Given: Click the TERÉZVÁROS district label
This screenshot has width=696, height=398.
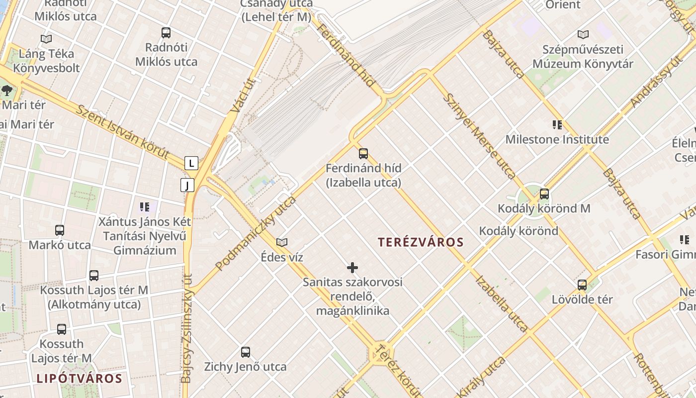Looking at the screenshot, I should point(421,242).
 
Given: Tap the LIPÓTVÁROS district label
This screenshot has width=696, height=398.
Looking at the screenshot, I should point(79,378).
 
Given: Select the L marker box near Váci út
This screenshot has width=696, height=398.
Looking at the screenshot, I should point(191,163).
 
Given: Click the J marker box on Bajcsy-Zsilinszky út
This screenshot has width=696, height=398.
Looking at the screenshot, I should point(187,186).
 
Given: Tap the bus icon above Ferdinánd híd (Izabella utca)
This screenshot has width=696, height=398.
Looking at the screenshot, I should point(363,153).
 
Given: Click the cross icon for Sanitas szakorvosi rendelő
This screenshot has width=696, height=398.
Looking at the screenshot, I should point(352,268).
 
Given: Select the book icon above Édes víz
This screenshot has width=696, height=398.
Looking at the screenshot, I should point(282,242).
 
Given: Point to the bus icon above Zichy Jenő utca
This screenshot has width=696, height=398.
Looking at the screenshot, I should point(246,352).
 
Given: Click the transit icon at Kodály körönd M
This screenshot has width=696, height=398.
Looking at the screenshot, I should point(544,194).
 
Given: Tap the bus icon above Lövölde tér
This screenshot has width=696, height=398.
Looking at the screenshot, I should point(582,285).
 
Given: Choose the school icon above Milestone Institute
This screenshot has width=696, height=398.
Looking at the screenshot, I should point(557,125).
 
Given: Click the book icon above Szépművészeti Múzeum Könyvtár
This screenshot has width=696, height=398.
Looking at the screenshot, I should point(583,35).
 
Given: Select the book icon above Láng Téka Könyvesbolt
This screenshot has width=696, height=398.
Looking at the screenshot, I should point(46,39).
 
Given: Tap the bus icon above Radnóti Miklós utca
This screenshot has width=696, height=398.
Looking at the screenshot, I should point(166,33).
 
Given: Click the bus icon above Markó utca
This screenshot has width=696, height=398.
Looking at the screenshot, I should point(60,230).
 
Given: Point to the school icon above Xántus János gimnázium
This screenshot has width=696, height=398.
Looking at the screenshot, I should point(145,206).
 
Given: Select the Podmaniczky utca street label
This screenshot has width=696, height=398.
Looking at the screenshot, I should point(257,233).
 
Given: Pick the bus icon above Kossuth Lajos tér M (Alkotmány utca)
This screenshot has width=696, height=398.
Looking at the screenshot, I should point(94,275).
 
